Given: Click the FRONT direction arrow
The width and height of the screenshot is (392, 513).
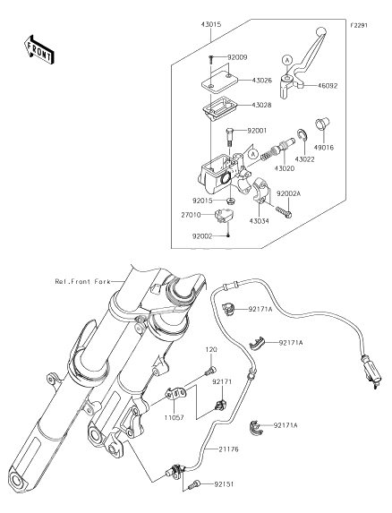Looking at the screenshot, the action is (x=38, y=49).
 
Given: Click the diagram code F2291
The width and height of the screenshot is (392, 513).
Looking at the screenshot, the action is (x=359, y=25).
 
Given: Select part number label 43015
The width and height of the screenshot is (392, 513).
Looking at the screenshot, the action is (x=211, y=24).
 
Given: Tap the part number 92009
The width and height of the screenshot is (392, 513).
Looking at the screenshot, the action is (x=237, y=57).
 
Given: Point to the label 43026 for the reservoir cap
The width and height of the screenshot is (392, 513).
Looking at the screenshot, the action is (x=261, y=81).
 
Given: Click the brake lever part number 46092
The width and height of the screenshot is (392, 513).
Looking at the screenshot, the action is (x=327, y=86).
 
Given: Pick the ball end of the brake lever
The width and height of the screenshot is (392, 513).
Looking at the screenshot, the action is (x=321, y=31).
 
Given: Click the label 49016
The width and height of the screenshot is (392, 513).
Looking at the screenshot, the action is (x=324, y=148).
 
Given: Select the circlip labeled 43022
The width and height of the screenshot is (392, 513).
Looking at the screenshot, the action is (x=301, y=136).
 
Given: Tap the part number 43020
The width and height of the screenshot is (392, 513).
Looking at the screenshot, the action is (x=284, y=168).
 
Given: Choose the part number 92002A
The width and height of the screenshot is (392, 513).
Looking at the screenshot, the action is (x=289, y=193).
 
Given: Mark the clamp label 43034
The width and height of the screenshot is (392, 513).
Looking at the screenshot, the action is (x=259, y=221).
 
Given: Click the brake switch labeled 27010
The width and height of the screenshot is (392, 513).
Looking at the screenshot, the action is (x=224, y=216).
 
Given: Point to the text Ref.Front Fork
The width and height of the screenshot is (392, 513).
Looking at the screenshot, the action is (x=82, y=281).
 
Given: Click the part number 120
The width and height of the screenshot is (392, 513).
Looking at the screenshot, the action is (x=211, y=349).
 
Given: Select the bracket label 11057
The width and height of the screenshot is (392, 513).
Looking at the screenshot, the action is (x=174, y=417).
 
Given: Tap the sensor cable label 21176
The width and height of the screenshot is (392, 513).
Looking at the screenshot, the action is (x=228, y=449).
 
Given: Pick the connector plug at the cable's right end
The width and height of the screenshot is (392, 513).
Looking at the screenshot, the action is (x=371, y=372).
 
